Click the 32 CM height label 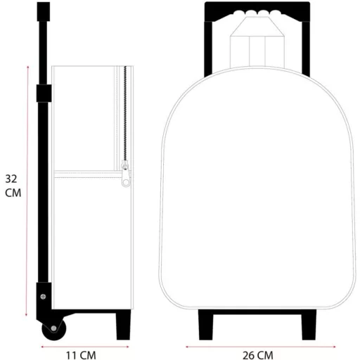click(x=13, y=186)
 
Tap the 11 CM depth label click(x=81, y=355)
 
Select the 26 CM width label click(x=258, y=355)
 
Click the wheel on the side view click(x=54, y=329)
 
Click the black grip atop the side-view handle click(x=44, y=11)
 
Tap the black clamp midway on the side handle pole click(x=44, y=94)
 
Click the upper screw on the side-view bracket click(x=43, y=297)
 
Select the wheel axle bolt click(x=53, y=328)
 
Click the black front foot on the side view click(x=123, y=325)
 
